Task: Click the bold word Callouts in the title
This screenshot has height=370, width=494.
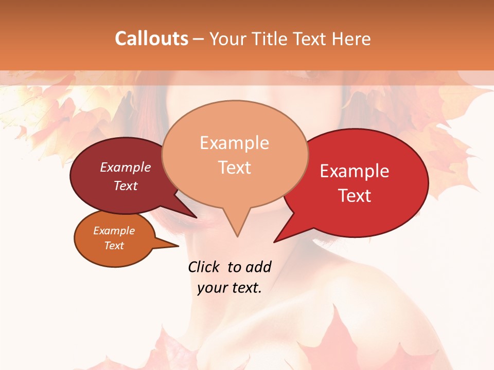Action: coord(151,39)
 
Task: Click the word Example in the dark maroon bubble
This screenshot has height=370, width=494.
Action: coord(126,167)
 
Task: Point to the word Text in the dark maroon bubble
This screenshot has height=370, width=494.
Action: coord(126,186)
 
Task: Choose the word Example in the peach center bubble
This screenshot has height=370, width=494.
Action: coord(234,143)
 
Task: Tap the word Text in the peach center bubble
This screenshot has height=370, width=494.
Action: coord(234,168)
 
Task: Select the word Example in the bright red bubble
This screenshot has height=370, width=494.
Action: coord(355,171)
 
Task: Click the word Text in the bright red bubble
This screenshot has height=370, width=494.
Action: coord(355,196)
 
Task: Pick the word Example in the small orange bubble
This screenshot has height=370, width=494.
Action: coord(114,231)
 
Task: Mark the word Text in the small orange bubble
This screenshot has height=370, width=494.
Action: coord(114,246)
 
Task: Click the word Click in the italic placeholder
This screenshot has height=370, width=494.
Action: coord(205,267)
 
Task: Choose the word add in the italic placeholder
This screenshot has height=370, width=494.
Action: coord(258,267)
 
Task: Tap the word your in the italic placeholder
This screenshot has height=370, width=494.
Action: coord(212,288)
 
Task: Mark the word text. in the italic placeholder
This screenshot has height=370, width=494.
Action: coord(245,288)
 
